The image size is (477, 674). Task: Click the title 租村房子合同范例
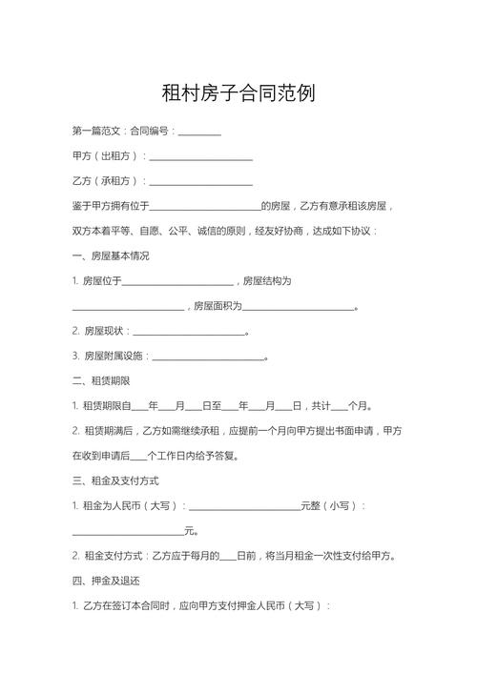tap(238, 93)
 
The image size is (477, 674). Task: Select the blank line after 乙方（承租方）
tap(201, 181)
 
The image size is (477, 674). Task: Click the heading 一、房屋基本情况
tap(111, 256)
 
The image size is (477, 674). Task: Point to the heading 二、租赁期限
tap(101, 381)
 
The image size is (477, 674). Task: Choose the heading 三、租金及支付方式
tap(116, 480)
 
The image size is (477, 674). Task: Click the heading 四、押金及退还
tap(106, 581)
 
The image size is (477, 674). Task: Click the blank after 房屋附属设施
tap(208, 357)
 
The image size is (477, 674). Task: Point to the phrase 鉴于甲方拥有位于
tap(112, 206)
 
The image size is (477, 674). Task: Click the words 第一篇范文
tap(97, 131)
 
